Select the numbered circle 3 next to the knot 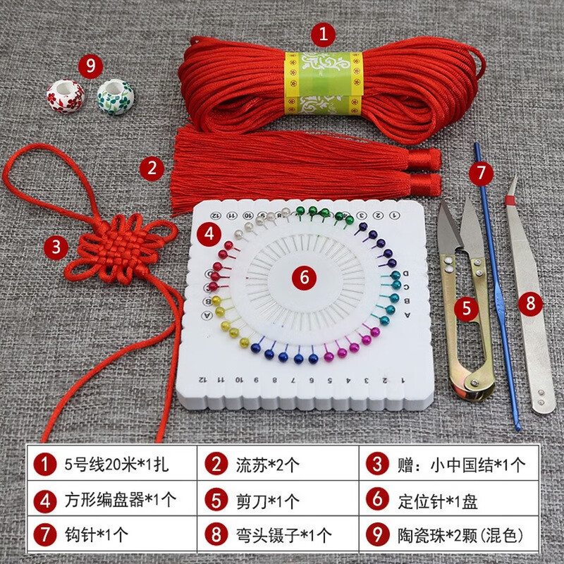point(56,247)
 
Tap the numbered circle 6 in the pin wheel point(305,277)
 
